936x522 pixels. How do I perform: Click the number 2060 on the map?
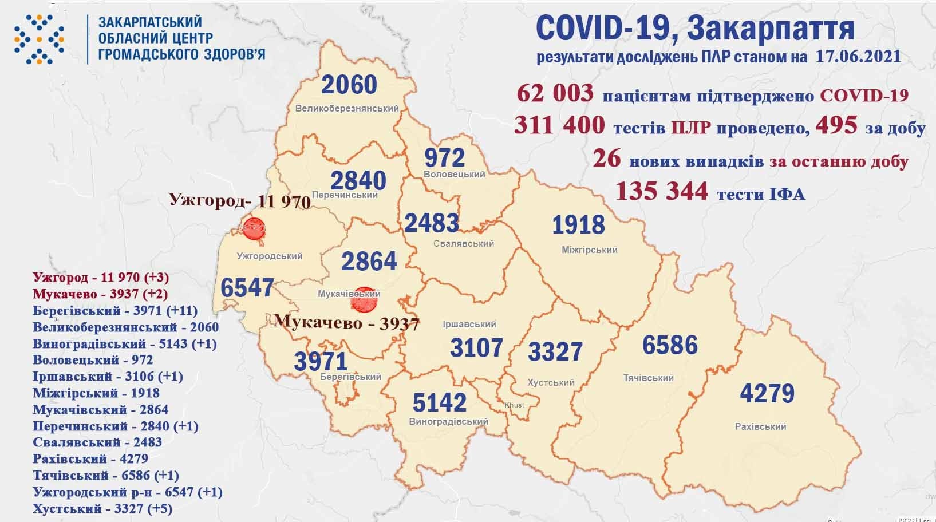(x=349, y=85)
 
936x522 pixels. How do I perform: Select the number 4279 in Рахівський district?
(x=767, y=394)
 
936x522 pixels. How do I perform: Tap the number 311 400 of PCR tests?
(x=559, y=126)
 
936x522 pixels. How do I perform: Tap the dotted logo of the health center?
(x=40, y=38)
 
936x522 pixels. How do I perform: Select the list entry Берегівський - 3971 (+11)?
(x=115, y=311)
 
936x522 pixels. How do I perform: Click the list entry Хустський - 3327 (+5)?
(x=102, y=508)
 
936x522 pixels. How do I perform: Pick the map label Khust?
(x=514, y=405)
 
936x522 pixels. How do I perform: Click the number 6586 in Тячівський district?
(x=669, y=346)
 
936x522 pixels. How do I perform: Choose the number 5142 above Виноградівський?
(x=439, y=403)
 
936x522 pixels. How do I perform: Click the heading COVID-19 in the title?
(x=599, y=29)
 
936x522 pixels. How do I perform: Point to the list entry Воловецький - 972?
(x=93, y=360)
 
